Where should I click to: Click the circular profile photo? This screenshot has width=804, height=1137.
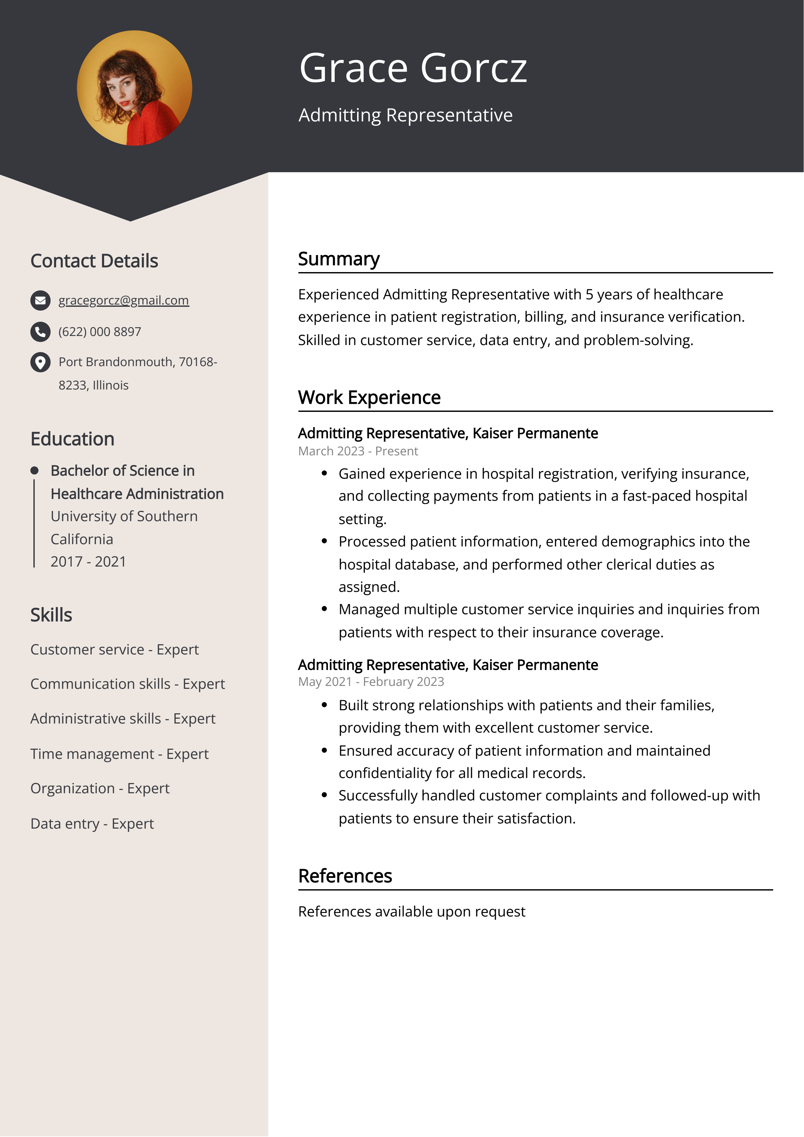134,88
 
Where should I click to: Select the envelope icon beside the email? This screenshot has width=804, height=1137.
40,301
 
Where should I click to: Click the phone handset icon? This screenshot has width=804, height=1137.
40,332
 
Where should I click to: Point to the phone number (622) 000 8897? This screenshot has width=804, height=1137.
100,332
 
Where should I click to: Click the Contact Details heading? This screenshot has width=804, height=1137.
94,261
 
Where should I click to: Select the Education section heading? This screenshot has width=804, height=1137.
72,439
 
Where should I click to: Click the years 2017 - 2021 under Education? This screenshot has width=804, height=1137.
88,562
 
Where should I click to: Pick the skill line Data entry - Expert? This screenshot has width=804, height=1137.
92,823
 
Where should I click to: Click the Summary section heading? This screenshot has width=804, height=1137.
339,259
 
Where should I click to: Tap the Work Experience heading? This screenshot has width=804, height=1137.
369,398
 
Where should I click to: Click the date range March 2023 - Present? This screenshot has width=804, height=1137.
358,451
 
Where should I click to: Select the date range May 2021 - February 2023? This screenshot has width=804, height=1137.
371,682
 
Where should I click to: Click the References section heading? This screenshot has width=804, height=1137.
345,876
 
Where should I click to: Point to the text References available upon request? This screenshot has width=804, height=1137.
411,912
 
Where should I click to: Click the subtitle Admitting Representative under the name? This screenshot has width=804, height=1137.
405,115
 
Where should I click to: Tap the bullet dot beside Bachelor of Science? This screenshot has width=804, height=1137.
34,471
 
